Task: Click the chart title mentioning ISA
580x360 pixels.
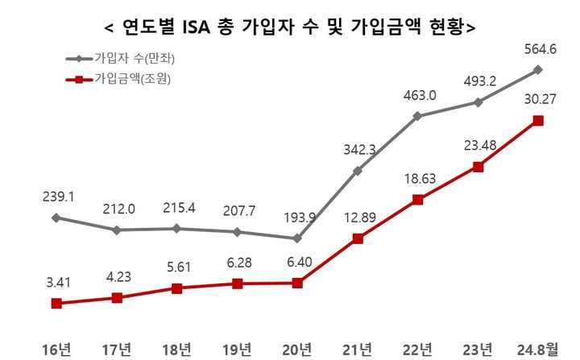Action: click(290, 27)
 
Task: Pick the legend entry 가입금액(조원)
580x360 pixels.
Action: click(133, 79)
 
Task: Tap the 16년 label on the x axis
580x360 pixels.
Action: click(56, 349)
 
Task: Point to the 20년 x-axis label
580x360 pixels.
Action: click(297, 349)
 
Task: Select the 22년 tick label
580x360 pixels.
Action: click(418, 349)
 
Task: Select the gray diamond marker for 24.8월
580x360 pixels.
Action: click(538, 70)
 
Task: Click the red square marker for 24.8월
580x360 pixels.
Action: click(538, 121)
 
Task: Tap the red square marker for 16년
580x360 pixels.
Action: click(56, 304)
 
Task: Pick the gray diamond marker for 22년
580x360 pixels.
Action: click(418, 116)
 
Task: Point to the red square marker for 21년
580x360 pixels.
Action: click(358, 238)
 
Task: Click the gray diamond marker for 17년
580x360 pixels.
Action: click(117, 230)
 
